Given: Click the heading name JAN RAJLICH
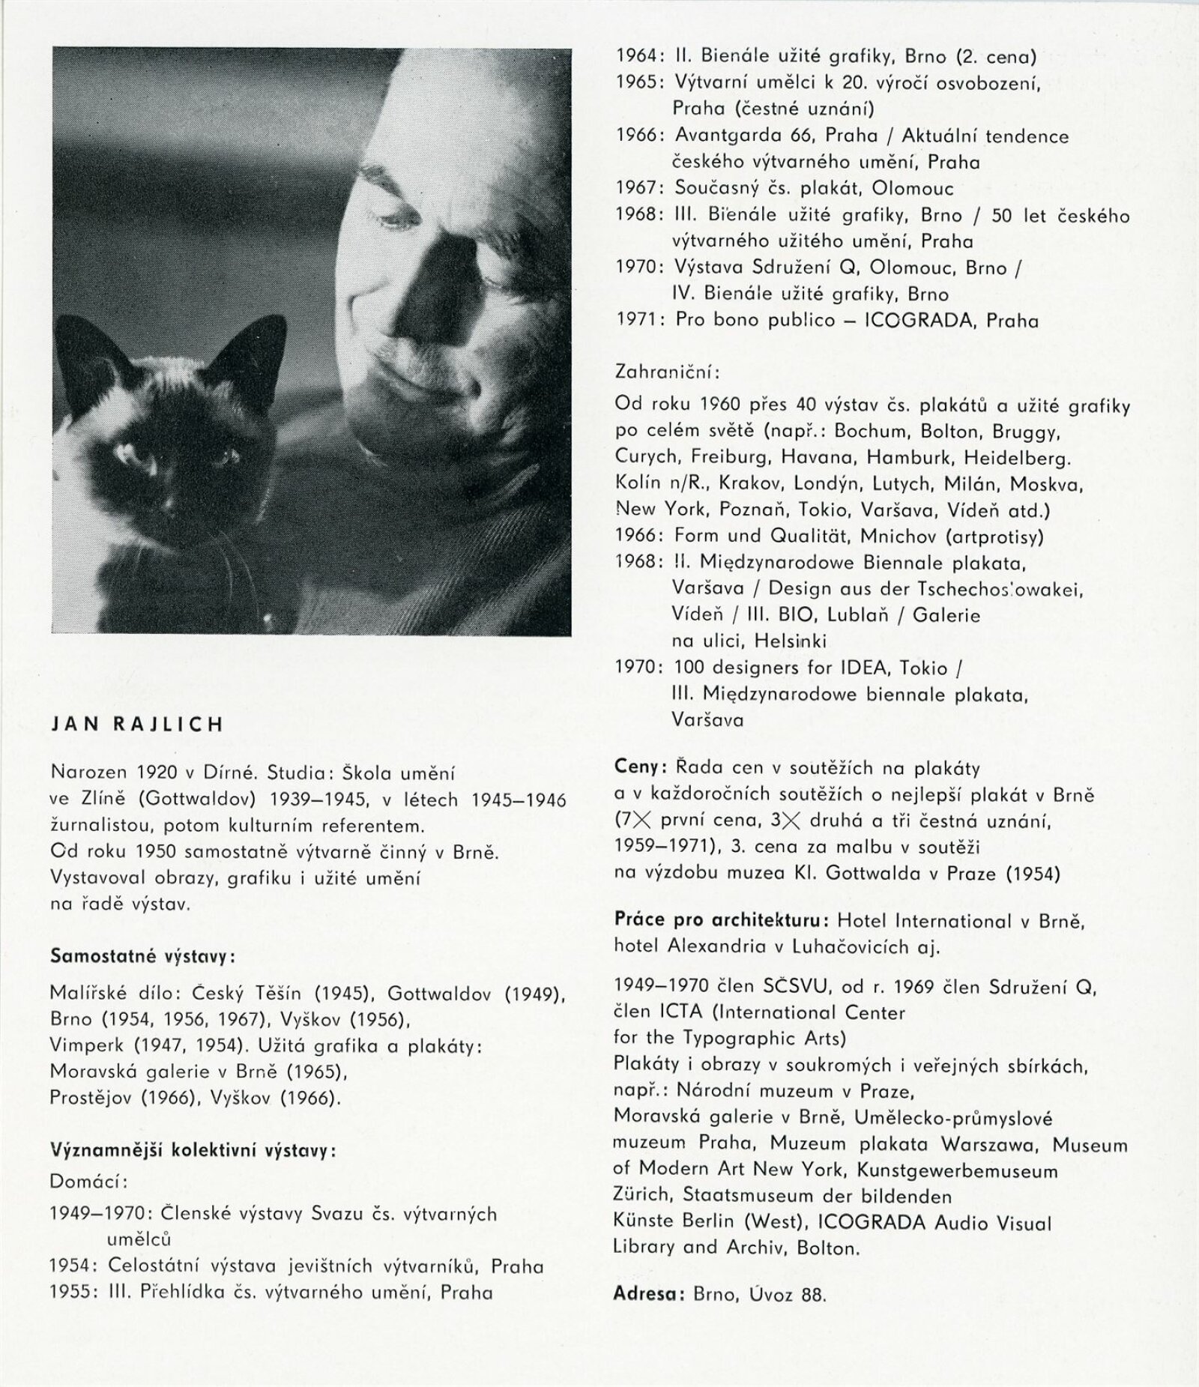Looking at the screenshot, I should [x=136, y=725].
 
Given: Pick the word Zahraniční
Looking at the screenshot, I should [x=670, y=372].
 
